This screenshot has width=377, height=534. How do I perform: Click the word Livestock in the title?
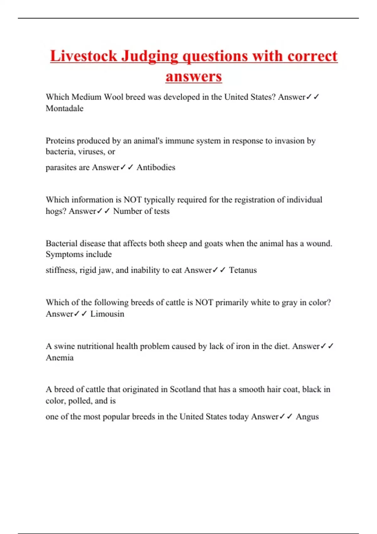click(83, 56)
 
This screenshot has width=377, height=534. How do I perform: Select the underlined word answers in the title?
click(194, 76)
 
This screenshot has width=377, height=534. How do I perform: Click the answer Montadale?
click(64, 108)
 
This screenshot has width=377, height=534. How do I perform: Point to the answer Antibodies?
click(156, 167)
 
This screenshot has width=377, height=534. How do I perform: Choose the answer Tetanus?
click(243, 270)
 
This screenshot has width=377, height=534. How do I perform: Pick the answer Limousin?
click(107, 314)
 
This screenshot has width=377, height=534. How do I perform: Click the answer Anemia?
click(60, 358)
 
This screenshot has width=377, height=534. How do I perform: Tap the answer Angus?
click(307, 417)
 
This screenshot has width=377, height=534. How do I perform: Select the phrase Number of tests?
click(141, 211)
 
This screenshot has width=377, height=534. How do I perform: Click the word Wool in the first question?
click(113, 97)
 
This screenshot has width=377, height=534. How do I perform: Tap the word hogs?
click(55, 211)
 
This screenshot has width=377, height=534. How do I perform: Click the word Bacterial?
click(62, 243)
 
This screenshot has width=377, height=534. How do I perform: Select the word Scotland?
click(185, 390)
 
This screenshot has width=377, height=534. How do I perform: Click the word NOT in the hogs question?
click(133, 200)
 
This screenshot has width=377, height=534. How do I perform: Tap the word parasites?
click(61, 168)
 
